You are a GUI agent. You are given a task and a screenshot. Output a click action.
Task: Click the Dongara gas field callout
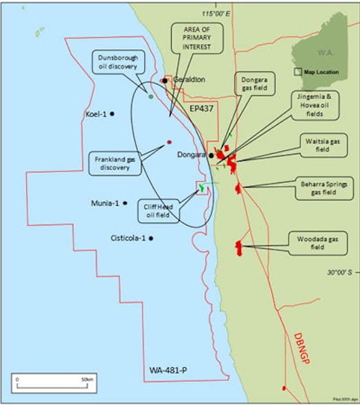(255, 89)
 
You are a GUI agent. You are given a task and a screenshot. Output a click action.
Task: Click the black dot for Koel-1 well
(112, 114)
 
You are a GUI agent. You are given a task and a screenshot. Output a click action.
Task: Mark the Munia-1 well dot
(124, 203)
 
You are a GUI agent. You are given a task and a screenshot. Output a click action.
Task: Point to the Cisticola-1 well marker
(150, 238)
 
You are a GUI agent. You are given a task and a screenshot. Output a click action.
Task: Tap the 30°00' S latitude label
(339, 273)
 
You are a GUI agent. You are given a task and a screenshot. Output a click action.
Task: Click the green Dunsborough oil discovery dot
(151, 96)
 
